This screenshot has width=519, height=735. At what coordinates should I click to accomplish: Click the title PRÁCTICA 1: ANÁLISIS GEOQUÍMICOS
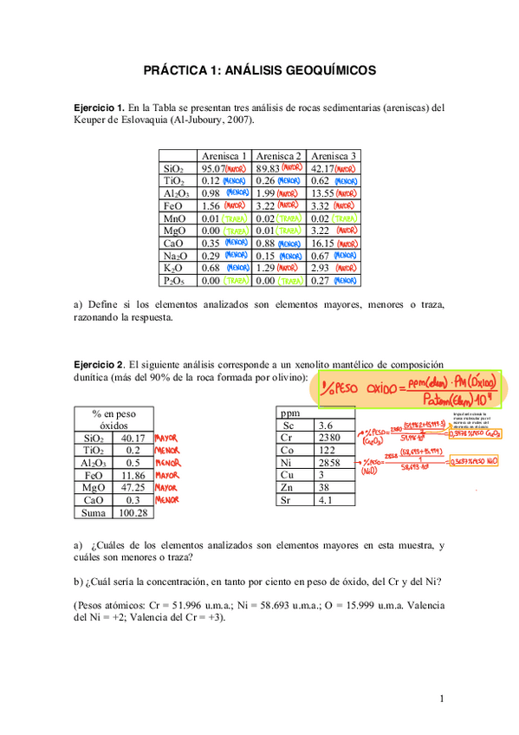click(x=259, y=71)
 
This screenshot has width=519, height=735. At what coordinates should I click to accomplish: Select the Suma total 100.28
click(x=133, y=513)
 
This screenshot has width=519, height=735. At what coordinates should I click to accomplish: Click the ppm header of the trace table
click(x=288, y=413)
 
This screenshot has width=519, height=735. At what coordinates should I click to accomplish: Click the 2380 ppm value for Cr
click(x=331, y=439)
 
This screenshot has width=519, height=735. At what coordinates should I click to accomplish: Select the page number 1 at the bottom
click(x=442, y=699)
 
